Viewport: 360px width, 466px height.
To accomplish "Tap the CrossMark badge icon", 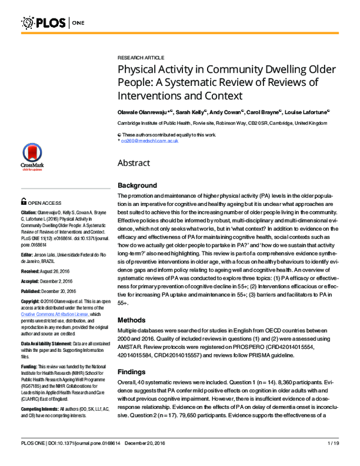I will tap(32, 157).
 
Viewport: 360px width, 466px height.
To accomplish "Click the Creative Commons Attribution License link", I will tap(55, 314).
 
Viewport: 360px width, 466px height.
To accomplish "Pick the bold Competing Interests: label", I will tap(40, 408).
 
